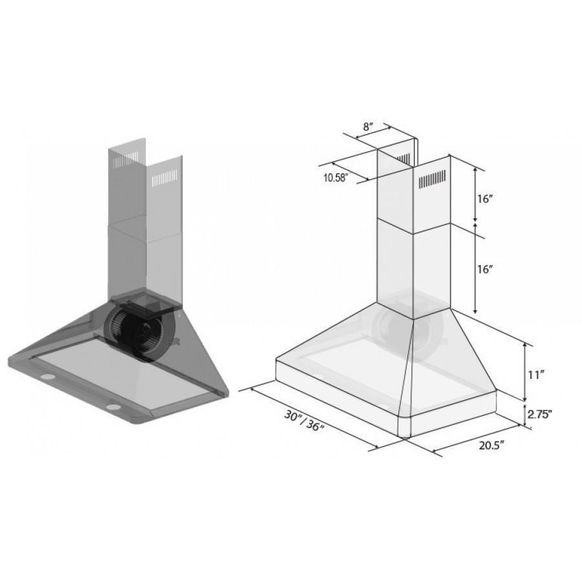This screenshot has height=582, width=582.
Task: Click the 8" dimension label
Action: (367, 127)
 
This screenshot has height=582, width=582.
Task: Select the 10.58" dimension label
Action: (335, 178)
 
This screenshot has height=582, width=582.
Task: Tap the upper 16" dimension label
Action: (485, 199)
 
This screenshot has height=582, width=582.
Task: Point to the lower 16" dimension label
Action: (485, 269)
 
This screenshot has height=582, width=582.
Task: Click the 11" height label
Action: (536, 375)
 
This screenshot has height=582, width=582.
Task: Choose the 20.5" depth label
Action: (491, 446)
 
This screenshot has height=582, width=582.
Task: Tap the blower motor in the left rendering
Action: (139, 329)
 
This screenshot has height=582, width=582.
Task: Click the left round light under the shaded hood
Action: (48, 378)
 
